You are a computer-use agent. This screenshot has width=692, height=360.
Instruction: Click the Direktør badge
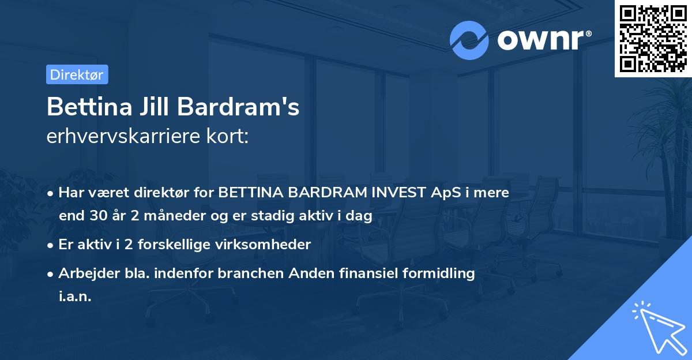pyautogui.click(x=77, y=74)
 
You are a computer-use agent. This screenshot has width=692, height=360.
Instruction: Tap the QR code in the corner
pyautogui.click(x=653, y=39)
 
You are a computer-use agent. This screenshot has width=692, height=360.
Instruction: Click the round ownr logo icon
pyautogui.click(x=469, y=40)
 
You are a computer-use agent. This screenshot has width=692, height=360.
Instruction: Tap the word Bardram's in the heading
pyautogui.click(x=238, y=107)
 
